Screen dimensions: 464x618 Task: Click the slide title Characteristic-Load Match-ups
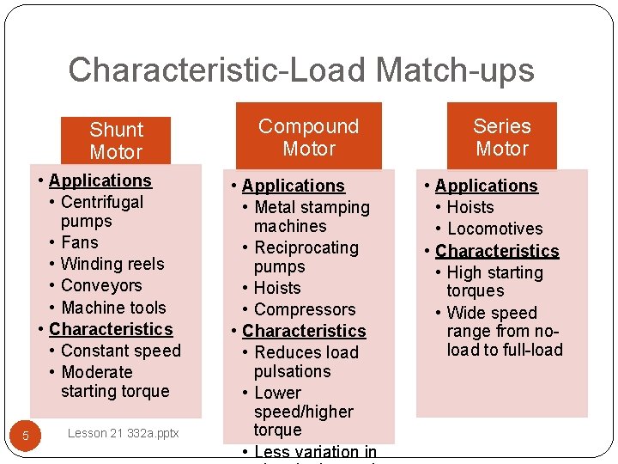point(300,70)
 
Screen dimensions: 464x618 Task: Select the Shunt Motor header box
point(116,141)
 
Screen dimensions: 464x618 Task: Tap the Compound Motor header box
point(309,137)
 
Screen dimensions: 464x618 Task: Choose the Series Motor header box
point(502,137)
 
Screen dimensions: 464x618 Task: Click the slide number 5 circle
point(26,436)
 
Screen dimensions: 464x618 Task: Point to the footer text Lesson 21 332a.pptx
point(123,433)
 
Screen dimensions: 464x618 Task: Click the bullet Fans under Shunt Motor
point(80,242)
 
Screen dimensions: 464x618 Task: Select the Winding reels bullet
point(112,264)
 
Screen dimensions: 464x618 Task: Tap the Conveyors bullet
point(101,285)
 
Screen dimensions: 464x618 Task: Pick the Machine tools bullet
point(113,308)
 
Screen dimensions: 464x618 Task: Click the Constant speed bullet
point(121,351)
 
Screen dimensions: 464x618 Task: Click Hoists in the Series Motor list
point(470,207)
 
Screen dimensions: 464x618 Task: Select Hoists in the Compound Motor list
point(277,288)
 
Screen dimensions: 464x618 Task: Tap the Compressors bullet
point(305,309)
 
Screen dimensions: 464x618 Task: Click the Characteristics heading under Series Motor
point(497,251)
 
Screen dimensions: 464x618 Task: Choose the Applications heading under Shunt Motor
point(100,180)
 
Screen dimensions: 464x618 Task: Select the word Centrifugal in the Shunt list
point(102,202)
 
